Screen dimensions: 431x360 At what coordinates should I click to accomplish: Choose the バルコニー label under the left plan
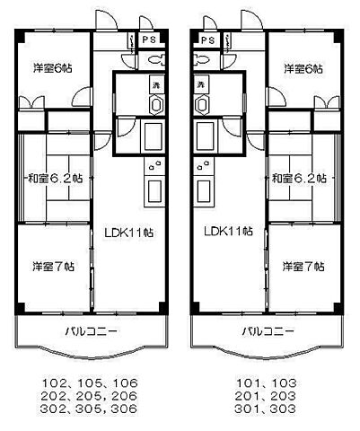91,331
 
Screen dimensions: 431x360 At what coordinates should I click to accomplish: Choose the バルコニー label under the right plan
267,331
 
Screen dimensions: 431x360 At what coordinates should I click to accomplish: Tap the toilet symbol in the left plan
154,60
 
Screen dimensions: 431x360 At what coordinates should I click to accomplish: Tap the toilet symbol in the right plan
203,60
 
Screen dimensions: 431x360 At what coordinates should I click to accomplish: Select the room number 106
123,380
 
